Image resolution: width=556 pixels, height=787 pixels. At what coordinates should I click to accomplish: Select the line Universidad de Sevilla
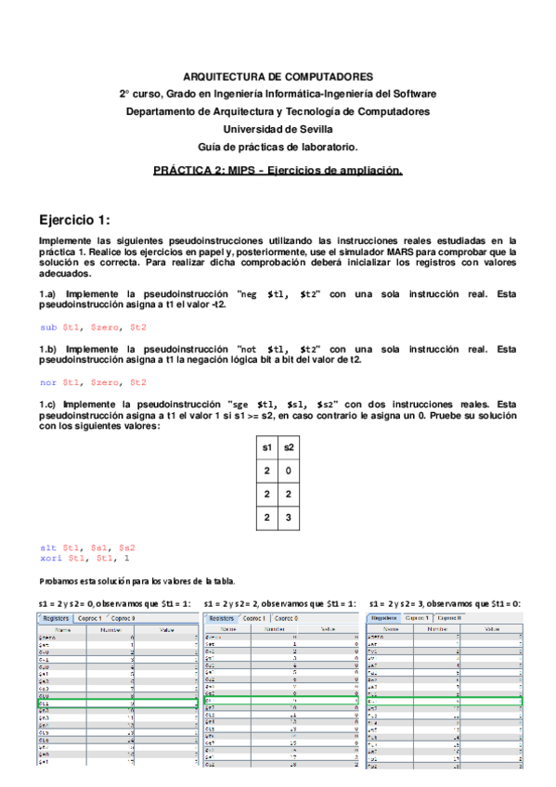pyautogui.click(x=278, y=129)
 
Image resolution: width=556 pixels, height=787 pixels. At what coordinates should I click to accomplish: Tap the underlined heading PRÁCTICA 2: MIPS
pyautogui.click(x=278, y=171)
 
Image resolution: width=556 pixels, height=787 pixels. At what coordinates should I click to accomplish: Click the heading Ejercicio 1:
pyautogui.click(x=74, y=220)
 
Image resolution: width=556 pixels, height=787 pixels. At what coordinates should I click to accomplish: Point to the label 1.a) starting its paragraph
pyautogui.click(x=52, y=294)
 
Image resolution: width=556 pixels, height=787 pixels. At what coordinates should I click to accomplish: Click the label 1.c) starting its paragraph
pyautogui.click(x=52, y=405)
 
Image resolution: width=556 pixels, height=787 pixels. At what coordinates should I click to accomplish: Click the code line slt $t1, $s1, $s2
pyautogui.click(x=88, y=548)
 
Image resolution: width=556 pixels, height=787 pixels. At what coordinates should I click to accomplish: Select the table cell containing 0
pyautogui.click(x=288, y=471)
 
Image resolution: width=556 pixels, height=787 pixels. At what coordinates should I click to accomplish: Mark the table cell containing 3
pyautogui.click(x=288, y=518)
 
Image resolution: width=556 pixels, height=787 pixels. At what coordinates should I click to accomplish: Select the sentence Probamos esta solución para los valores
pyautogui.click(x=137, y=580)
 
